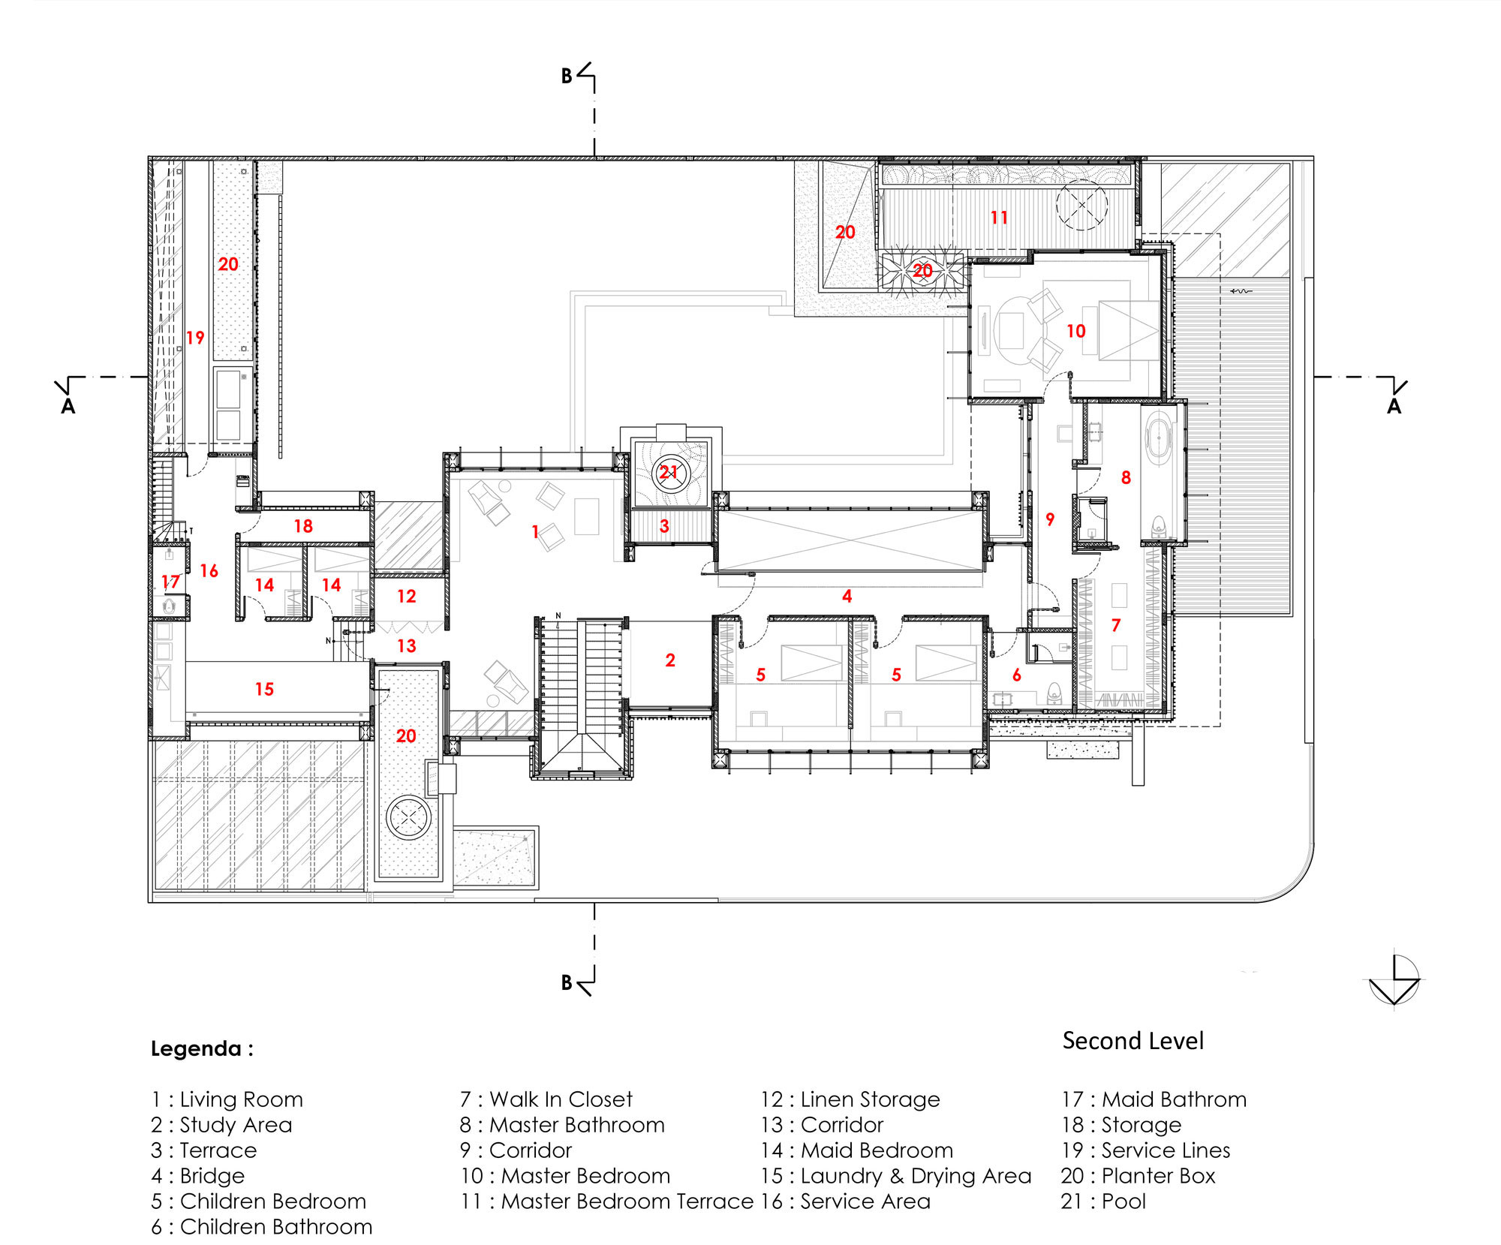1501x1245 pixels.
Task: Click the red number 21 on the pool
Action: point(669,472)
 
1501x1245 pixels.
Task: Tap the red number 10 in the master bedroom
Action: point(1075,331)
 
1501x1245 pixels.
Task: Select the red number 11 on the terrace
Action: point(999,218)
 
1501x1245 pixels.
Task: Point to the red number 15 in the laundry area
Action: point(264,689)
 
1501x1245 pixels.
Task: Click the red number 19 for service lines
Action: point(195,338)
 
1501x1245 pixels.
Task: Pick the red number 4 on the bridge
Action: point(847,597)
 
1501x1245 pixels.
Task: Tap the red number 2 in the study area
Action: point(670,660)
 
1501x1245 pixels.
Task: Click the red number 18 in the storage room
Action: point(303,526)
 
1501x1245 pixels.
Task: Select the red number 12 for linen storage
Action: point(406,597)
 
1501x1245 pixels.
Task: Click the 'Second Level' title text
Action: point(1133,1041)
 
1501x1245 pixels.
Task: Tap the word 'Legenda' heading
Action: point(197,1048)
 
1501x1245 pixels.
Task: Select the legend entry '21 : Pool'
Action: point(1103,1201)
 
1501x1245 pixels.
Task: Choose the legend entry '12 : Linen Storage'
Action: point(850,1099)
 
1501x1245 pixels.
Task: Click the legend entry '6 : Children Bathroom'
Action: point(261,1227)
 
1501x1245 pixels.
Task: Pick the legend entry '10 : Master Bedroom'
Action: point(565,1176)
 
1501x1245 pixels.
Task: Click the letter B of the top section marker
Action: point(567,76)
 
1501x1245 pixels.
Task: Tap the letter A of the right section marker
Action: point(1394,407)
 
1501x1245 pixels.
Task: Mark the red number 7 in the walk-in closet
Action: point(1116,625)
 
